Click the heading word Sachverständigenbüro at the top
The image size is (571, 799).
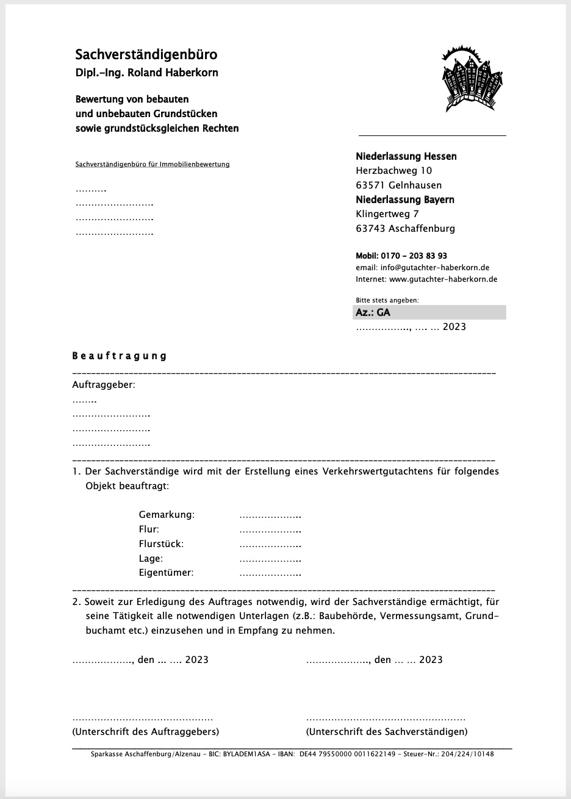coord(146,55)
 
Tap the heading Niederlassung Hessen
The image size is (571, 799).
coord(406,156)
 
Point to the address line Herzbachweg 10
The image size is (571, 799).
coord(393,171)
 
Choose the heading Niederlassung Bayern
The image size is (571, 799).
coord(404,199)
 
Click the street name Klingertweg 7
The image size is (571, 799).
coord(387,214)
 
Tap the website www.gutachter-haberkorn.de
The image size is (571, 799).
coord(443,279)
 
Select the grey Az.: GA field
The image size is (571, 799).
coord(430,312)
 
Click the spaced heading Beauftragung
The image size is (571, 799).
coord(120,356)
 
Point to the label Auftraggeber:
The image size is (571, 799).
coord(104,385)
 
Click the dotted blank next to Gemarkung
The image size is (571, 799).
coord(270,516)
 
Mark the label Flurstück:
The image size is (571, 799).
coord(161,543)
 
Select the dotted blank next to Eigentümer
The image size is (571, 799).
coord(270,574)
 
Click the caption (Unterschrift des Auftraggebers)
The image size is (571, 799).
coord(145,731)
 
